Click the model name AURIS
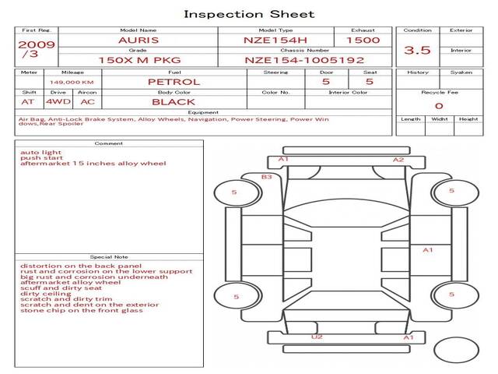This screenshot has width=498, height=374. tap(139, 41)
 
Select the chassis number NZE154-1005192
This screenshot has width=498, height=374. tap(304, 60)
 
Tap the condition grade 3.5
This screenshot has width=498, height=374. tap(417, 50)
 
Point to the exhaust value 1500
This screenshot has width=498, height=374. tap(363, 41)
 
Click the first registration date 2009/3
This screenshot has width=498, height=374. tap(37, 49)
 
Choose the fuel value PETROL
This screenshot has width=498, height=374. tap(174, 82)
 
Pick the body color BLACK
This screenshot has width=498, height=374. tap(174, 102)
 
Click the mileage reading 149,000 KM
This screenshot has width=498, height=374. tap(72, 83)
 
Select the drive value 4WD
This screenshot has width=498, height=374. tap(58, 102)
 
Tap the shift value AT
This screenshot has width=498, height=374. tap(28, 102)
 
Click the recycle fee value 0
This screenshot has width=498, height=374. tap(439, 106)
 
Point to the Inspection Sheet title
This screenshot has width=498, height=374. tap(249, 14)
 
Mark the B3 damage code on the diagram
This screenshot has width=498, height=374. tap(266, 177)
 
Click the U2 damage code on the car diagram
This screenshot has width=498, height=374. tap(317, 337)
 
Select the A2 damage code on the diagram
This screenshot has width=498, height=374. tap(398, 160)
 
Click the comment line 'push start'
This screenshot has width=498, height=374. tap(41, 157)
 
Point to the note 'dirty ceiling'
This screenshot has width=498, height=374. tap(46, 294)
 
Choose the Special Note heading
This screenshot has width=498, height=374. tap(109, 257)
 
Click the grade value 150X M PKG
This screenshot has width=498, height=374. tap(140, 60)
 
